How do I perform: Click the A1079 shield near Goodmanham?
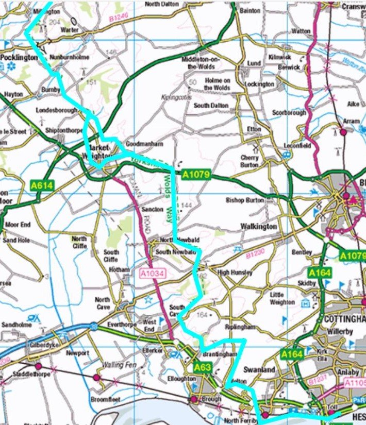point(196,175)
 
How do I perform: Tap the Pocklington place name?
point(19,58)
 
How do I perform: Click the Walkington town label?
point(258,226)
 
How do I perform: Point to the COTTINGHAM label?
point(345,319)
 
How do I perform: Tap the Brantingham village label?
point(219,354)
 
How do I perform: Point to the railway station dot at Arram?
point(343,132)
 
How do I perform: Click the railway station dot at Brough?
point(194,399)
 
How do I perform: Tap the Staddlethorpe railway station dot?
point(38,366)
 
